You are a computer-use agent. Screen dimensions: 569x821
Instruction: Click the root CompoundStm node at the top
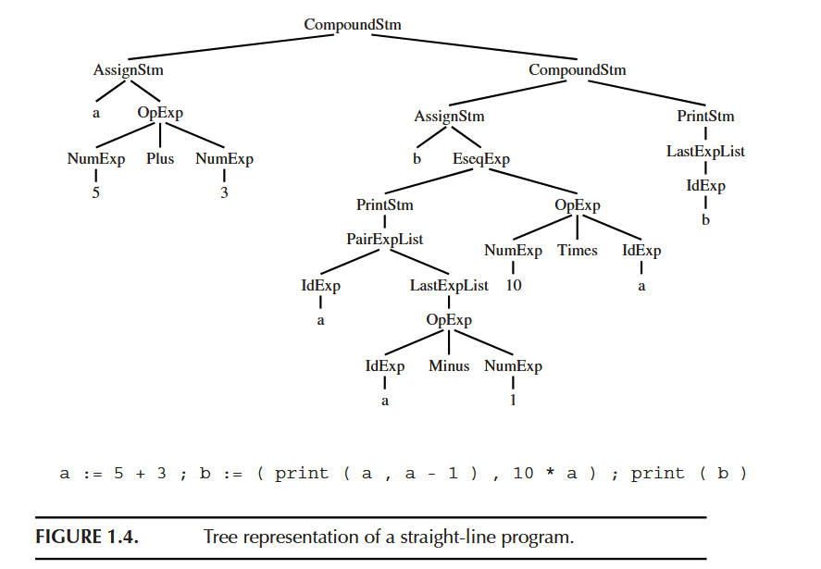[x=353, y=24]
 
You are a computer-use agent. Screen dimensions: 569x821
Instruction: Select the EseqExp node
[x=480, y=159]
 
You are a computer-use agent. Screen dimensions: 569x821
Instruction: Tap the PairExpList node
[x=384, y=239]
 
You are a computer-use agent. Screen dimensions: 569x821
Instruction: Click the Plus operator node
[x=159, y=159]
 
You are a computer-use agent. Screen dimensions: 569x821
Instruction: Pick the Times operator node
[x=577, y=251]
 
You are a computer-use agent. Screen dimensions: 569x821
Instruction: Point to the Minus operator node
[x=449, y=366]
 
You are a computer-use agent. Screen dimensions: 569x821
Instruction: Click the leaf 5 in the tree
[x=95, y=193]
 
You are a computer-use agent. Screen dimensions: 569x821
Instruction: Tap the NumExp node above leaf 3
[x=224, y=159]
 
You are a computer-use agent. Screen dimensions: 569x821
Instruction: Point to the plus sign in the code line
[x=142, y=474]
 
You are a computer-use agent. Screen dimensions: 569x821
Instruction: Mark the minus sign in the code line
[x=430, y=474]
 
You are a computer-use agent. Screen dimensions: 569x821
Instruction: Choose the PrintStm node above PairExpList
[x=384, y=204]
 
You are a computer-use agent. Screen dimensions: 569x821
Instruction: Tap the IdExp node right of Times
[x=641, y=251]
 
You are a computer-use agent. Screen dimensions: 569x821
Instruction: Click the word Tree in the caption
[x=220, y=538]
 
